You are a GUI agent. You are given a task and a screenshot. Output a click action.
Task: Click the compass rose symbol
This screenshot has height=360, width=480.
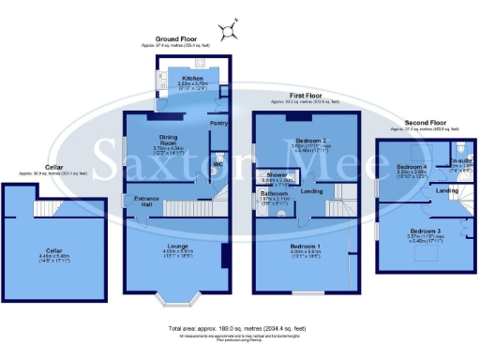tap(225, 31)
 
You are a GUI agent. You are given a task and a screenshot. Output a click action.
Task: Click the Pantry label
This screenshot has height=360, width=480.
tap(219, 124)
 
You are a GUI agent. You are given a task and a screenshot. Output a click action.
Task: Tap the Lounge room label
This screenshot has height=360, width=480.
tap(178, 247)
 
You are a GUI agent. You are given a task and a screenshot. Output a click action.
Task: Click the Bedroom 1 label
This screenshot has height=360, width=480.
tap(305, 247)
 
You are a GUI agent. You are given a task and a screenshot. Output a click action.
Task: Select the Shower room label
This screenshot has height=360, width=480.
tap(276, 174)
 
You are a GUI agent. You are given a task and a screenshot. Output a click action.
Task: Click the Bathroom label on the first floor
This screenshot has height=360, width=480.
tap(275, 195)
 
